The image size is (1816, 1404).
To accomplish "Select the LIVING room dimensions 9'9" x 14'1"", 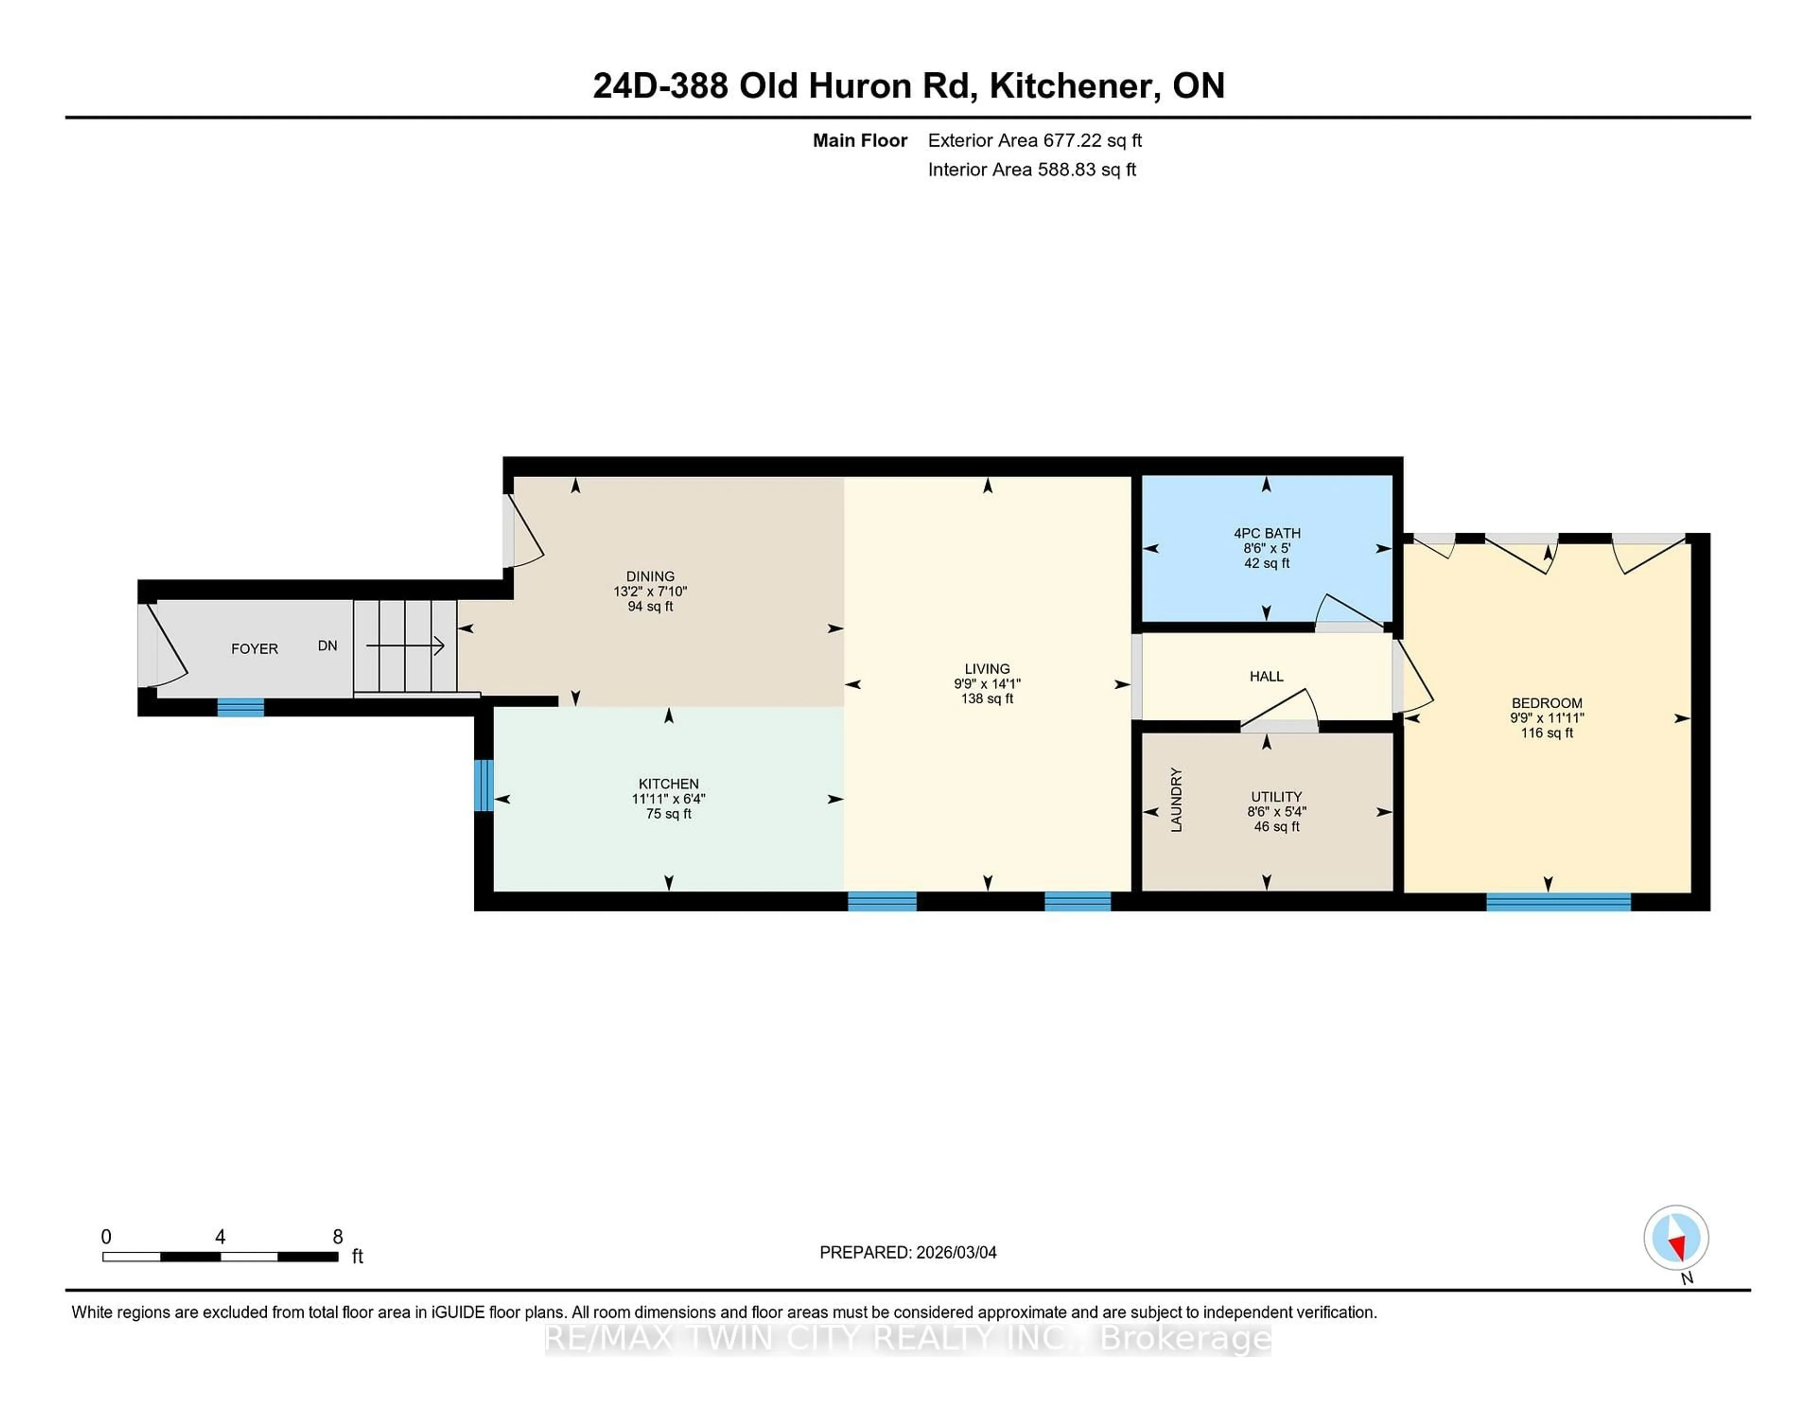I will pos(987,684).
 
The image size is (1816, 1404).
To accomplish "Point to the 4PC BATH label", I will pos(1266,533).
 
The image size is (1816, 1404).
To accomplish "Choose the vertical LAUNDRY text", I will pos(1176,799).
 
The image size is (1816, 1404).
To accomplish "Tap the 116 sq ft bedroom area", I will pos(1546,733).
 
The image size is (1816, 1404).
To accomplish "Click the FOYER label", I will pos(254,649).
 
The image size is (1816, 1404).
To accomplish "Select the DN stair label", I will pos(328,645).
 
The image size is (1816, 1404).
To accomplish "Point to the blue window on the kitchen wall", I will pos(483,784).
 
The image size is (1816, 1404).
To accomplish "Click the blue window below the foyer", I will pos(240,707).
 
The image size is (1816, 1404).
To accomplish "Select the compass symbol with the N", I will pos(1676,1237).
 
